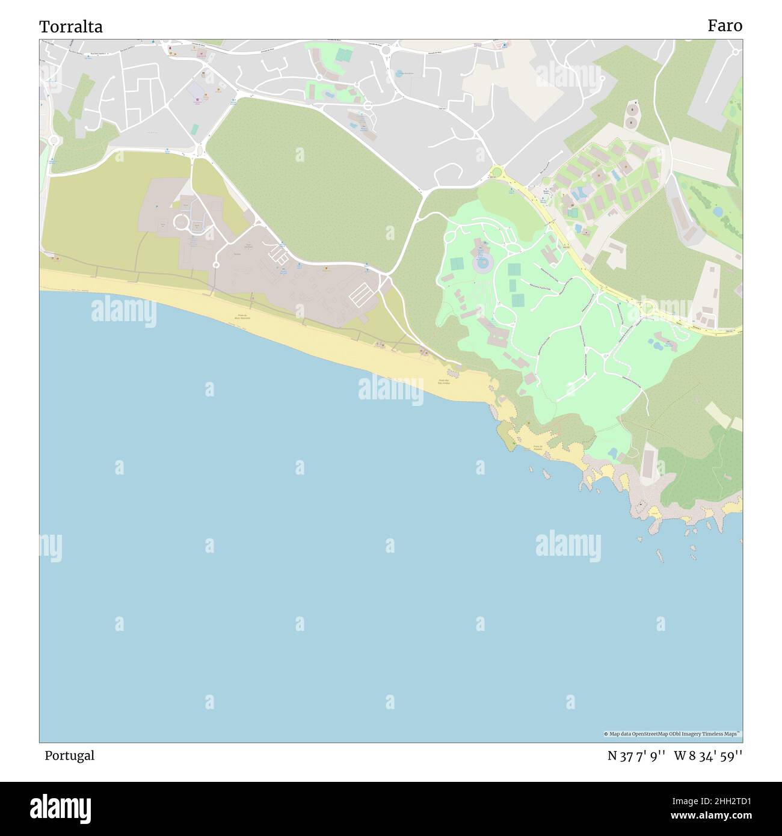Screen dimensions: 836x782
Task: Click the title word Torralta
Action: [x=71, y=26]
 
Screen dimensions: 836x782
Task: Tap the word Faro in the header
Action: [x=724, y=25]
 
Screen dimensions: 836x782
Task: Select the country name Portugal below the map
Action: [x=69, y=755]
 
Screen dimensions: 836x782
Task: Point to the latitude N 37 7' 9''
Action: [x=636, y=756]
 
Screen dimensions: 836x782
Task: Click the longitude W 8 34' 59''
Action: [x=708, y=756]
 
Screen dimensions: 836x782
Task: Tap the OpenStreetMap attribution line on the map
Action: [x=673, y=734]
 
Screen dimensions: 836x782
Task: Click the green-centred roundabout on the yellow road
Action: [x=496, y=173]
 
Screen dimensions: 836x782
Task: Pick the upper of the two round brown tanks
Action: [x=632, y=109]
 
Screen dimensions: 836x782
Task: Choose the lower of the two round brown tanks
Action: [x=631, y=123]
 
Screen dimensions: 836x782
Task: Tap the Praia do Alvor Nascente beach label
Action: [x=242, y=316]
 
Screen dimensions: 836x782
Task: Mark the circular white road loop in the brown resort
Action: [x=181, y=223]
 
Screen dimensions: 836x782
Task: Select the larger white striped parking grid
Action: [x=361, y=294]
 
